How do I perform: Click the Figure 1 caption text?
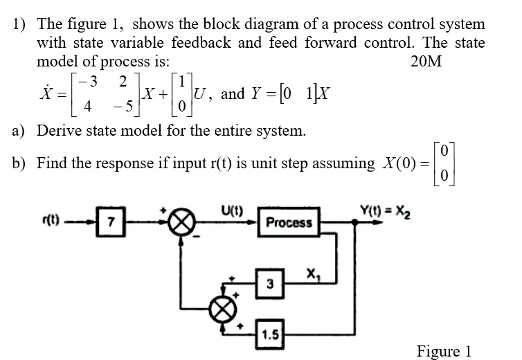[444, 351]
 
